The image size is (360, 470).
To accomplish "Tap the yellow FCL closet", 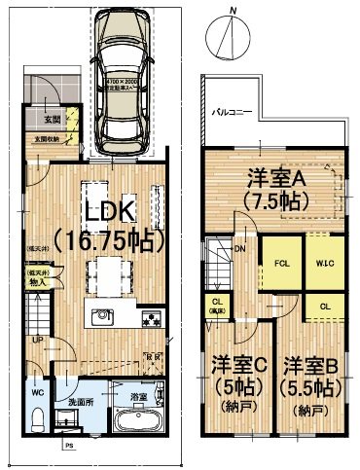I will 279,262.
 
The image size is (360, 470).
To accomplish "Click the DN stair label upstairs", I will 240,249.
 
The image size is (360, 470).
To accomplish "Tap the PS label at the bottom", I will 68,448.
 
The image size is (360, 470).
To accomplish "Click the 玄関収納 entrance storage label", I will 48,140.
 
